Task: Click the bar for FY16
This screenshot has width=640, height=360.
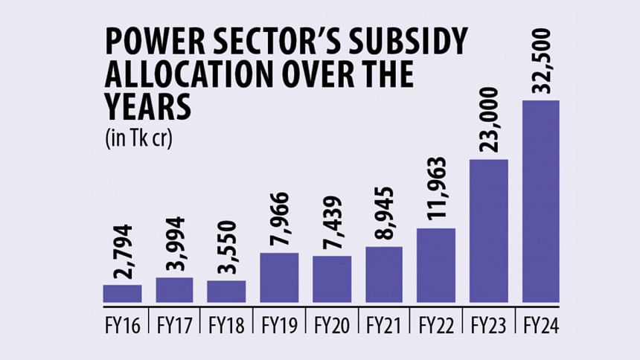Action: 122,294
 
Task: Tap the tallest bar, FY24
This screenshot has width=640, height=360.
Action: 541,201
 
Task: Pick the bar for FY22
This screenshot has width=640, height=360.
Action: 435,266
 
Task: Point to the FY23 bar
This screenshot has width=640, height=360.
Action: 488,231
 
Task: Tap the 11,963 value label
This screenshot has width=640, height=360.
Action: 436,189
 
